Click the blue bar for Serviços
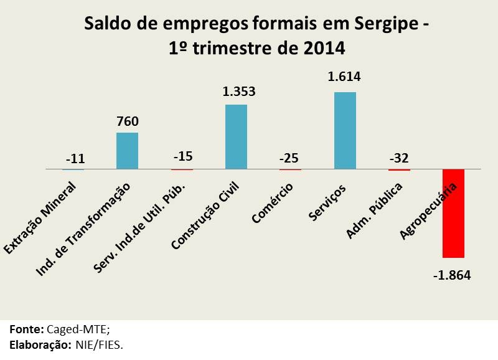pos(345,130)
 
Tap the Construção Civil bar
pos(236,136)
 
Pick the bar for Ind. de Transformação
pos(127,150)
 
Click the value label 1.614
pos(345,77)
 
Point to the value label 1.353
pos(239,91)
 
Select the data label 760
pos(127,120)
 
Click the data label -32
pos(400,158)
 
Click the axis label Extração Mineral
pos(40,218)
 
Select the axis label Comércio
pos(272,202)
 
